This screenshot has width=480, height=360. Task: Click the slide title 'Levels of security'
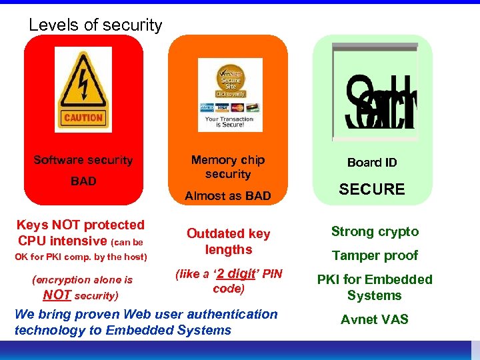(x=95, y=25)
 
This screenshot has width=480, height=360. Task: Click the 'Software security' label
(x=83, y=160)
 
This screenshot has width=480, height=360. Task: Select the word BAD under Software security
(x=83, y=181)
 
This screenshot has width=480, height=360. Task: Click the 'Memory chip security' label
(x=228, y=167)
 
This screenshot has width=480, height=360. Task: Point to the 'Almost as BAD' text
(x=228, y=196)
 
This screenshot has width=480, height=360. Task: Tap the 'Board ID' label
(x=372, y=163)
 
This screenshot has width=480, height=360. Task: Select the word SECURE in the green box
(x=372, y=189)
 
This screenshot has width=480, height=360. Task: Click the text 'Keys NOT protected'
(x=81, y=225)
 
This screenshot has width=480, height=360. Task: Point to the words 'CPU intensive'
(x=63, y=241)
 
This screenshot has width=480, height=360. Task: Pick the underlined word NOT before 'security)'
(x=57, y=295)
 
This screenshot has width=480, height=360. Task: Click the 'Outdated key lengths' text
(x=229, y=241)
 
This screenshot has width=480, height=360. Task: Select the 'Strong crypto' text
(x=375, y=232)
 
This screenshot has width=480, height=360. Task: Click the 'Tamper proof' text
(x=375, y=255)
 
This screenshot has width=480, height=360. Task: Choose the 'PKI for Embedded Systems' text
(x=375, y=287)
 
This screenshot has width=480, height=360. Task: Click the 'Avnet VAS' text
(x=375, y=320)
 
